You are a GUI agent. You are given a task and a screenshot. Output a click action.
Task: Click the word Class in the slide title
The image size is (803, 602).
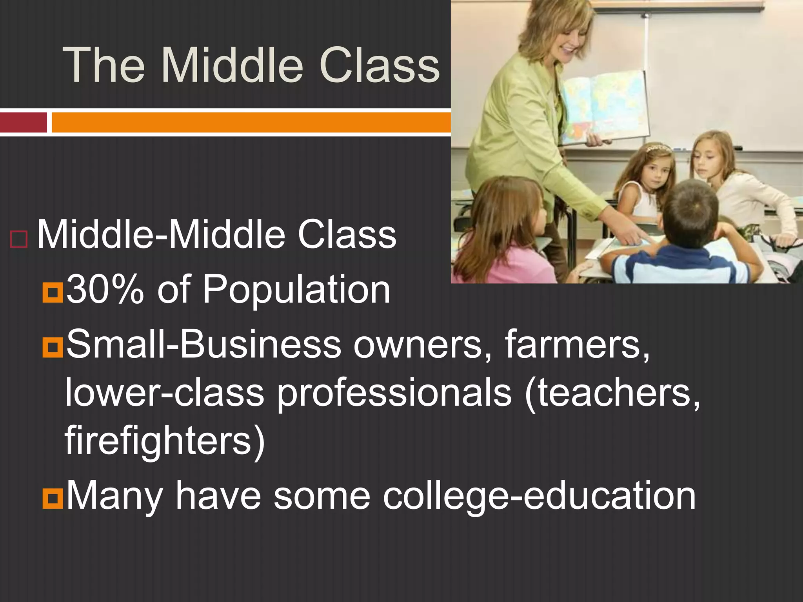pos(380,65)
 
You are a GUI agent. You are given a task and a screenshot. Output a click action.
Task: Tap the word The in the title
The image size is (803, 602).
pos(104,65)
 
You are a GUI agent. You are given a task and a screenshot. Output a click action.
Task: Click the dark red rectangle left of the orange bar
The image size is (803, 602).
pos(24,122)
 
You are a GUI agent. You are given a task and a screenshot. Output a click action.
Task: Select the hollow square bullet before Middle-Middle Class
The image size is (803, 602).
pos(19,239)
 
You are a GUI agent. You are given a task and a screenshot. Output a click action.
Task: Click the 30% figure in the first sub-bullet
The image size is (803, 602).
pos(105,290)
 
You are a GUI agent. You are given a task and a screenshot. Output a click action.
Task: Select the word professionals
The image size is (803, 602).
pos(394,393)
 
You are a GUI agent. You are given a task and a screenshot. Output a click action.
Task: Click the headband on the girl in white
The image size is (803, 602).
pos(659,148)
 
